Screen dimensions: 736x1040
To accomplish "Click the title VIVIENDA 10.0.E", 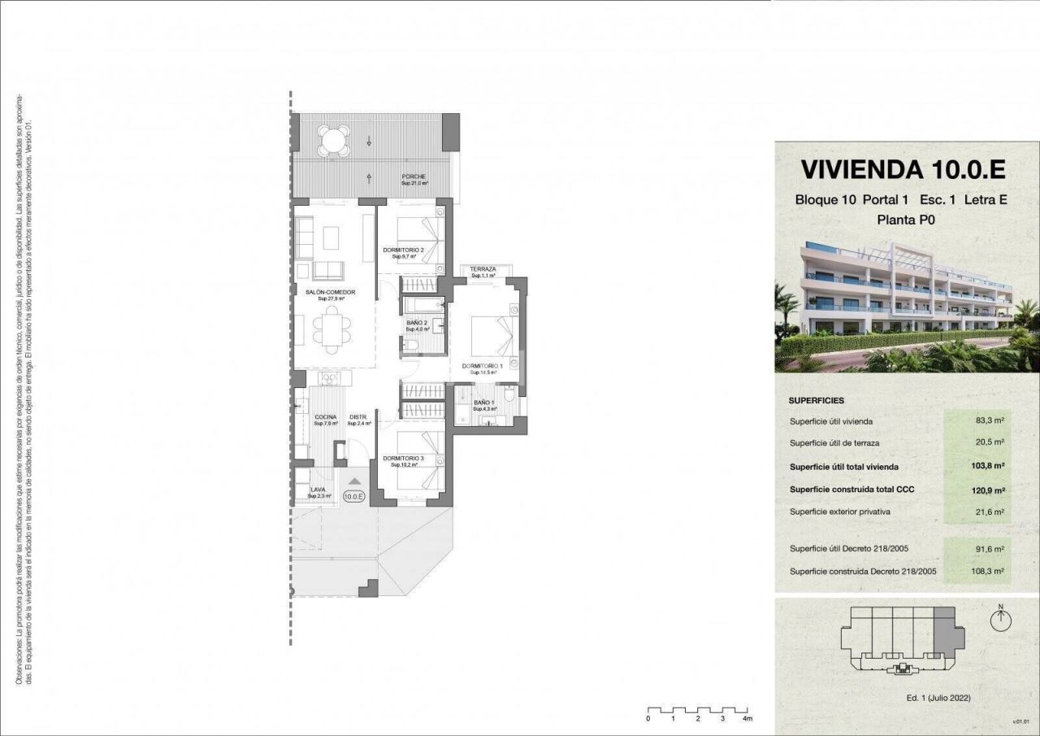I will tap(903, 169).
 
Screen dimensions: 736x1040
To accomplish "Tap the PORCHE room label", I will tap(414, 176).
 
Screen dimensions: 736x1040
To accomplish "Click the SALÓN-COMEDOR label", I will tap(330, 292).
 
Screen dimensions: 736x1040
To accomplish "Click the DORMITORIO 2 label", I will tap(404, 250).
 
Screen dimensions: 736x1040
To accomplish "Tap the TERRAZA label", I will tap(483, 269).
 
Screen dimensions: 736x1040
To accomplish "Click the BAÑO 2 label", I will tap(416, 323).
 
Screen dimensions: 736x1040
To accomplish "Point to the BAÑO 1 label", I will tap(483, 403).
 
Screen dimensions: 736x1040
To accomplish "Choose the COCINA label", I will tap(325, 417).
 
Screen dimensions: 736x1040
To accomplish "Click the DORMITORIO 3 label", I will tap(404, 459).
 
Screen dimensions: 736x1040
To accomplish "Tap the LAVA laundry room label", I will tap(318, 490).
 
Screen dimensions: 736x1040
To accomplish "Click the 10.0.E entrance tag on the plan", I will tap(354, 495).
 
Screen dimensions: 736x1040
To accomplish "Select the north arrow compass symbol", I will tap(1001, 619).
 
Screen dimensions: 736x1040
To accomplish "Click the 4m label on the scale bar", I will tap(747, 719).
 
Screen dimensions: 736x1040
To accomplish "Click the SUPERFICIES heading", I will tap(816, 401).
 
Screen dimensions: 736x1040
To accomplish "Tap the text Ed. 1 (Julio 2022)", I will tap(938, 698).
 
